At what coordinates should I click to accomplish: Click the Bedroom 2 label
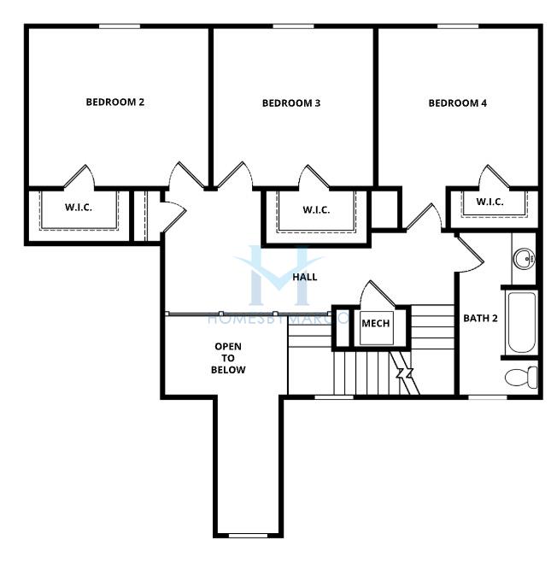click(x=115, y=102)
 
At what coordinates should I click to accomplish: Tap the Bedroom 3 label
click(x=291, y=103)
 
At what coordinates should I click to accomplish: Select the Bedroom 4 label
click(x=457, y=103)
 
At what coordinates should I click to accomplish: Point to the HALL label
click(x=305, y=277)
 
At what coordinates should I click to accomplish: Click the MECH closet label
click(x=376, y=323)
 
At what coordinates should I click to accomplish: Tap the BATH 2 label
click(x=480, y=319)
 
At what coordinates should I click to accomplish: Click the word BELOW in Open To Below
click(x=228, y=370)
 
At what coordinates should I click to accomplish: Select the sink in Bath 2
click(x=524, y=258)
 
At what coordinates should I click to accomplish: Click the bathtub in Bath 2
click(x=521, y=323)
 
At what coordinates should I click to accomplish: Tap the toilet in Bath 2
click(x=521, y=377)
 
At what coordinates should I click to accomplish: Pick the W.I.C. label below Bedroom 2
click(x=79, y=208)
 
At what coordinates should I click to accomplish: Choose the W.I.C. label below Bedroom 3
click(x=316, y=210)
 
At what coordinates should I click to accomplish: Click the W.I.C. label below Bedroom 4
click(x=490, y=202)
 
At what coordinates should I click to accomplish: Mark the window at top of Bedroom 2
click(x=120, y=26)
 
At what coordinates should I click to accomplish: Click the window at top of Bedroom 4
click(x=458, y=26)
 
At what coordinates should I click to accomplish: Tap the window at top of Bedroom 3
click(x=293, y=26)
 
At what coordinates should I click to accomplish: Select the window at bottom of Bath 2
click(x=487, y=397)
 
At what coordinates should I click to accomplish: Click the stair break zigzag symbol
click(x=405, y=372)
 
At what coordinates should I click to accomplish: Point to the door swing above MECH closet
click(x=378, y=293)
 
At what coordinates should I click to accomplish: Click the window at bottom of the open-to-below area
click(x=248, y=535)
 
